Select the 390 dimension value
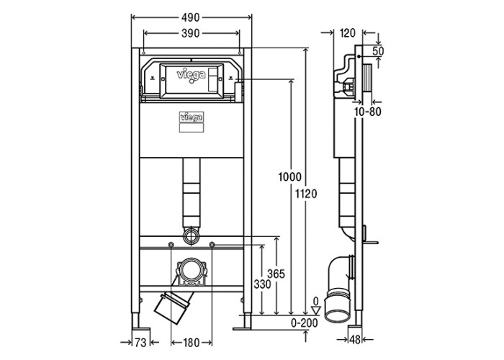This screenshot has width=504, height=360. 191,34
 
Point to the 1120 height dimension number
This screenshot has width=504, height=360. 307,192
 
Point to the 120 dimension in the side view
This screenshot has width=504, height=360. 347,32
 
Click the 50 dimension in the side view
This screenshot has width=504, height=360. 378,51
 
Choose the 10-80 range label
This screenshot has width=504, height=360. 367,112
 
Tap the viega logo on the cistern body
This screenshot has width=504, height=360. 191,114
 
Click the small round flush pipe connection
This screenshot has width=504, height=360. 191,235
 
